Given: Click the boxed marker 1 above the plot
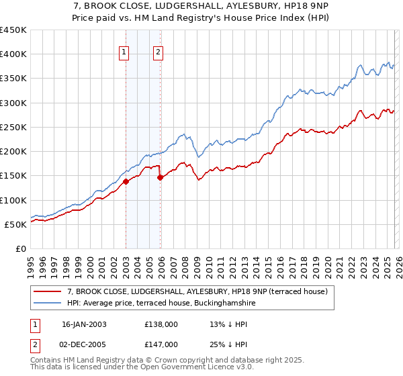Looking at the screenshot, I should tap(125, 54).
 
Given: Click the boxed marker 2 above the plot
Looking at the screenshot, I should tap(159, 54).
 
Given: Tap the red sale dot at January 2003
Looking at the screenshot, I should tap(126, 181).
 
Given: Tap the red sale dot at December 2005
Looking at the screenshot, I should tap(160, 177).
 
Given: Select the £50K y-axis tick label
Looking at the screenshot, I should tap(15, 224).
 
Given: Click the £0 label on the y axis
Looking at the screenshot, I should tap(21, 248).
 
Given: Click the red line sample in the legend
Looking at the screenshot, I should tap(48, 291).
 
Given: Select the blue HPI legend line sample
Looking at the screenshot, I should tap(48, 303).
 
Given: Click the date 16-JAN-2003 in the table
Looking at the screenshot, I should tap(84, 324).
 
